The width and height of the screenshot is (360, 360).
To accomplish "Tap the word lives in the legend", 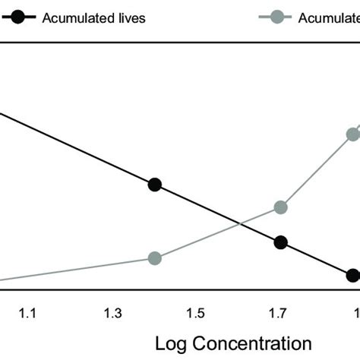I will pyautogui.click(x=129, y=17).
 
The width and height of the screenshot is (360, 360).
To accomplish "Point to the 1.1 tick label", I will pyautogui.click(x=29, y=312).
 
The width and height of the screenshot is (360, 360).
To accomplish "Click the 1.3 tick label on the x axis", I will pyautogui.click(x=112, y=312).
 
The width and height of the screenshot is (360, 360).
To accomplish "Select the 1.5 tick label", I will pyautogui.click(x=196, y=312).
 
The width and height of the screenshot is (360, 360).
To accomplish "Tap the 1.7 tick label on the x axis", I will pyautogui.click(x=279, y=312).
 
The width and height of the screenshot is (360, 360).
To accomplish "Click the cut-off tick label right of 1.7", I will pyautogui.click(x=355, y=312).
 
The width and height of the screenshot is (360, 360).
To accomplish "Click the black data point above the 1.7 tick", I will pyautogui.click(x=280, y=243).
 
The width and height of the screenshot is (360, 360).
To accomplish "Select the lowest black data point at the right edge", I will pyautogui.click(x=352, y=276).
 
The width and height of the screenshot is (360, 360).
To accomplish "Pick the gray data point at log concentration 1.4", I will pyautogui.click(x=155, y=258).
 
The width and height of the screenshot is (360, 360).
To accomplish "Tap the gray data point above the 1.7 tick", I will pyautogui.click(x=280, y=207).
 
